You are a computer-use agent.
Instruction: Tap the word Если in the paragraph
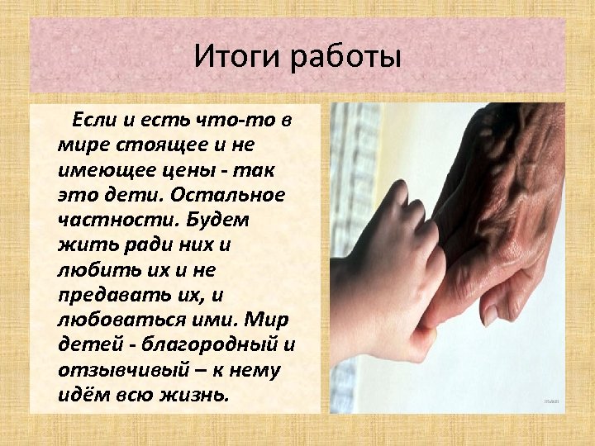(x=95, y=121)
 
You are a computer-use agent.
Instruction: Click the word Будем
(x=218, y=221)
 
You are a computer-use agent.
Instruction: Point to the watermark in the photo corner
(x=551, y=401)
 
